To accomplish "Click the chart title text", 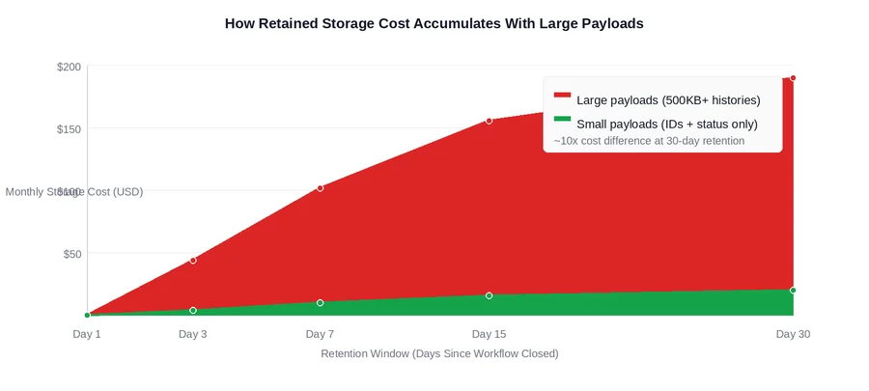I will pos(434,23).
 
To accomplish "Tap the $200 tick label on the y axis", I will pos(69,67).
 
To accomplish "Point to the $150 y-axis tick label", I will pos(69,129).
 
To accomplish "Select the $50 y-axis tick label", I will pos(71,254).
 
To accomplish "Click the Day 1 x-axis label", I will pos(87,334).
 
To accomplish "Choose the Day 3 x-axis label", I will pos(193,334).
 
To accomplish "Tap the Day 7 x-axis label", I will pos(320,334).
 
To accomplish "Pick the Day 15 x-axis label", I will pos(489,334).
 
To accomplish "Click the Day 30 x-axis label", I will pos(793,334).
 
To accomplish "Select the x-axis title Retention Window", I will pos(439,354).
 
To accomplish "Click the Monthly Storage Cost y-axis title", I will pos(74,192).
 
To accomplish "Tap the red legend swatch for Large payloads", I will pos(562,96).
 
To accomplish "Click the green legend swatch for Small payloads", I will pos(562,119).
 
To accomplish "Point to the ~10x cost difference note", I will pos(649,141).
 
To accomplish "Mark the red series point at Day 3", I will pos(193,260).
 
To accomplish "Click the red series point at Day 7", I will pos(320,188).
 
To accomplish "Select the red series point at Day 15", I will pos(489,121).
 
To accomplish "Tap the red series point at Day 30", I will pos(793,78).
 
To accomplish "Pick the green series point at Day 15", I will pos(489,295).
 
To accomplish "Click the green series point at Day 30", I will pos(793,290).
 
